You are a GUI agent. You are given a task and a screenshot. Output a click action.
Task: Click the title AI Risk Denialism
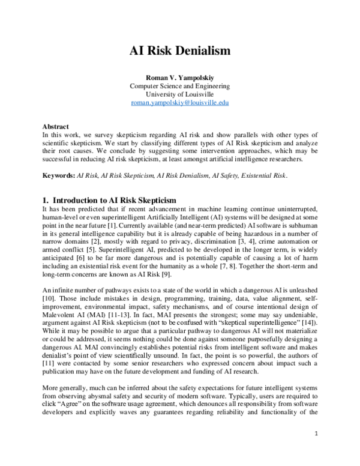coord(180,52)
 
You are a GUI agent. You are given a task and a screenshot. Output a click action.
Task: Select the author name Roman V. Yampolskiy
coord(180,77)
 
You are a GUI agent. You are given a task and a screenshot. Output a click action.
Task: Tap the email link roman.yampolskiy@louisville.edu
coord(180,103)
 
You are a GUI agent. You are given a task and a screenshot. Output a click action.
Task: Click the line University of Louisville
coord(180,94)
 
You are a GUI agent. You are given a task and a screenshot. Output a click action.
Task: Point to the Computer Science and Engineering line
coord(180,86)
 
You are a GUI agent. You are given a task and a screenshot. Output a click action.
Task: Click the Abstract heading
coord(55,127)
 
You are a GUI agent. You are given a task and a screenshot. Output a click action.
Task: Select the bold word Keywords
coord(58,175)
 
